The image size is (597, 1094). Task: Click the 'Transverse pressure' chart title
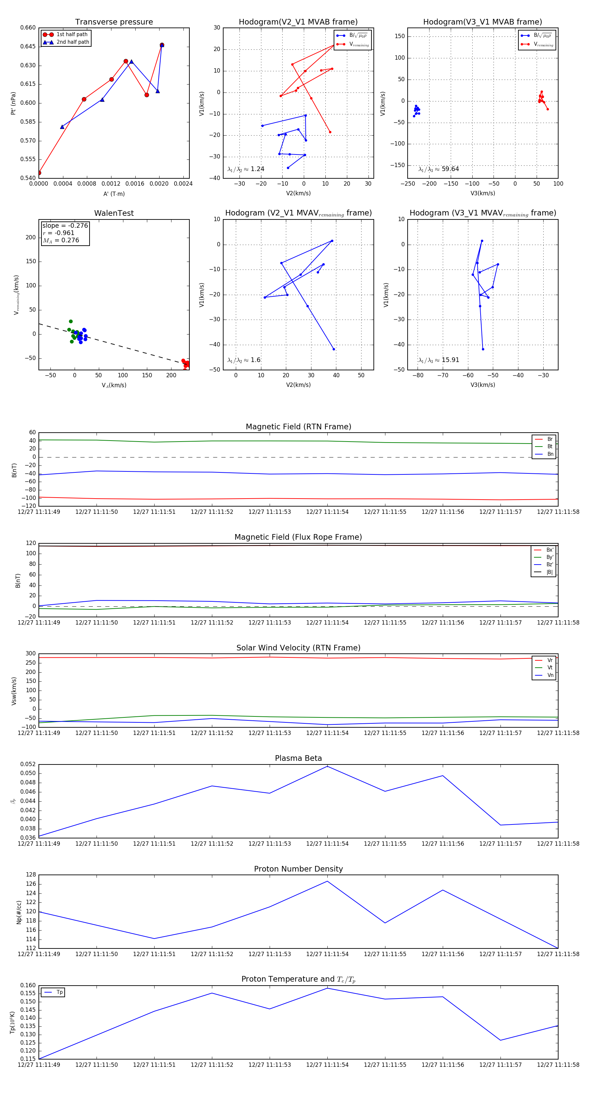pos(114,22)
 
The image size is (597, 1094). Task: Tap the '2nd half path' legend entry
pos(73,42)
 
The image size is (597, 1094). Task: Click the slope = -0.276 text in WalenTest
pos(65,225)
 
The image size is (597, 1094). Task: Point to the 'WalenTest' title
pos(114,213)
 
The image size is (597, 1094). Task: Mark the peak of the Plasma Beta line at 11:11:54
pos(327,766)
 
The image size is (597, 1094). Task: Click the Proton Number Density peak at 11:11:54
pos(327,881)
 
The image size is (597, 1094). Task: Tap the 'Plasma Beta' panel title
pos(298,758)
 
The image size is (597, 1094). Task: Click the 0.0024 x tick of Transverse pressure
pos(183,184)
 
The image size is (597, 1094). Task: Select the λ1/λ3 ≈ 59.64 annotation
pos(438,169)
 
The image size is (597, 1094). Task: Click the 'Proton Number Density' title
pos(298,869)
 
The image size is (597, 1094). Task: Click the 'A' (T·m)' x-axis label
pos(114,194)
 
